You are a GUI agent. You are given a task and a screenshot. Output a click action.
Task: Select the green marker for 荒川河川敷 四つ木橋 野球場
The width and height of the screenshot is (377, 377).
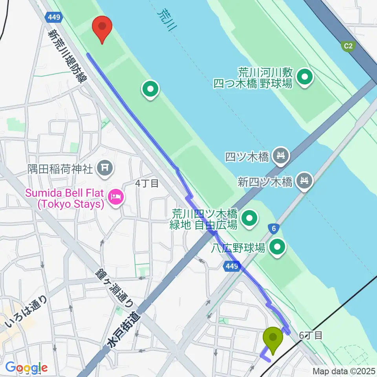pyautogui.click(x=305, y=77)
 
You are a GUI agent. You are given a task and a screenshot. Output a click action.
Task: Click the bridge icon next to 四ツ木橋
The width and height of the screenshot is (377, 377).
pyautogui.click(x=281, y=156)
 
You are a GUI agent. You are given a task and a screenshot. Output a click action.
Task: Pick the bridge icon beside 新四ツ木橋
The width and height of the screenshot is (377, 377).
pyautogui.click(x=305, y=181)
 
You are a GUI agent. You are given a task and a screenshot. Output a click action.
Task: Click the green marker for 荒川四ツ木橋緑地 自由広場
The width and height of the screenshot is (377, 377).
pyautogui.click(x=249, y=219)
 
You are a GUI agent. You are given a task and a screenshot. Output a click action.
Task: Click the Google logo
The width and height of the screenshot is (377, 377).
pyautogui.click(x=26, y=368)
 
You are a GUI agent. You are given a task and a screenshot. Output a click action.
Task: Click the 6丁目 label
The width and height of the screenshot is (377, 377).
pyautogui.click(x=311, y=335)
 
